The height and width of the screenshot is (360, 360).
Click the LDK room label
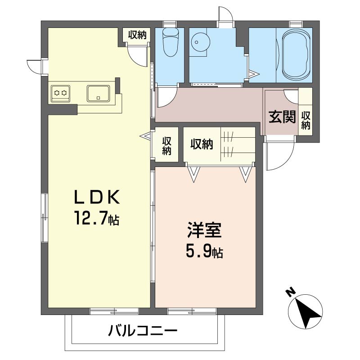pos(96,197)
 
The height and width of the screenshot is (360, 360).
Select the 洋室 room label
pos(204,230)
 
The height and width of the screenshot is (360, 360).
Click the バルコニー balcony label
pos(143,331)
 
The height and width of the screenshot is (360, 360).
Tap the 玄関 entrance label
pos(282,117)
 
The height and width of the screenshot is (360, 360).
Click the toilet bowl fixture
pos(170,43)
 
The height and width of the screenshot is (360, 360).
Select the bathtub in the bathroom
pos(297,55)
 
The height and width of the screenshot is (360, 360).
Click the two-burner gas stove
pos(60,93)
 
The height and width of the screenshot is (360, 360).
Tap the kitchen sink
pos(98,94)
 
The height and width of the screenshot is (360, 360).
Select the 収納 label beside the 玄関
pos(306,120)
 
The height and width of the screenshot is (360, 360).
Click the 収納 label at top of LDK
pos(137,35)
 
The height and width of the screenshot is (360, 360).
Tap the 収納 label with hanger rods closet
pos(202,144)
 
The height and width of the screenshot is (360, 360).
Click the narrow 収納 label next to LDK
pos(166,146)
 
